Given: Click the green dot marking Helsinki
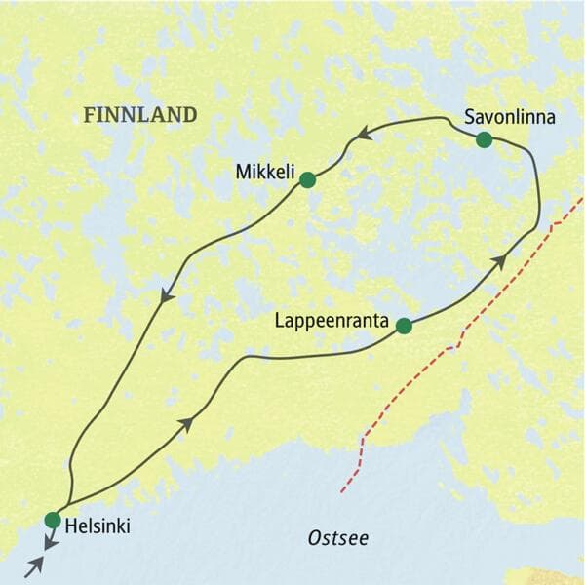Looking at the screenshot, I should click(x=53, y=520).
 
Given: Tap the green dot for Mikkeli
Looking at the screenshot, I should click(x=307, y=179).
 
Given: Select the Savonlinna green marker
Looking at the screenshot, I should click(x=484, y=140).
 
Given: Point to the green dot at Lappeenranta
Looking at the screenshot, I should click(x=404, y=327).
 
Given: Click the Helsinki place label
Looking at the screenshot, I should click(x=97, y=526).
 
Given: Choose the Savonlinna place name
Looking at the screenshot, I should click(x=509, y=117).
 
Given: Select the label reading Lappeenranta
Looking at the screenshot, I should click(x=332, y=320).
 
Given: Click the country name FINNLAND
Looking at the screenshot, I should click(x=140, y=114).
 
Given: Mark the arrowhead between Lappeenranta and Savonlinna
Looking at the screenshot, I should click(x=498, y=260).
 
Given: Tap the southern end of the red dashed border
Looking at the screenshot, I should click(x=343, y=490).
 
